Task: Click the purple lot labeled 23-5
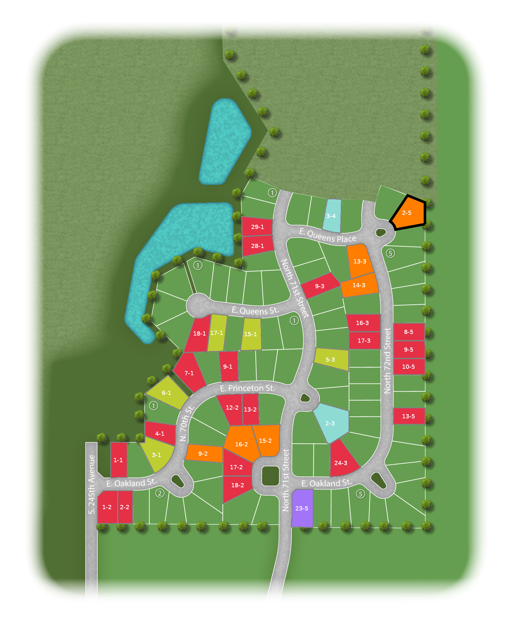(x=302, y=508)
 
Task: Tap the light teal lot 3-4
(x=332, y=216)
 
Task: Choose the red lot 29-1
(x=257, y=227)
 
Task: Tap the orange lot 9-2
(x=203, y=453)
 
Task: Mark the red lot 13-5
(x=409, y=416)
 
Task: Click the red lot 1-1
(x=119, y=460)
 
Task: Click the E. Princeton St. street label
(x=247, y=388)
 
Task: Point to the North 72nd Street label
(x=387, y=360)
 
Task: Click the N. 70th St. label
(x=187, y=423)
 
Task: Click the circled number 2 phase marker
(x=160, y=493)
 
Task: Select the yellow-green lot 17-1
(x=217, y=333)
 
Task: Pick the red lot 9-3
(x=320, y=286)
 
